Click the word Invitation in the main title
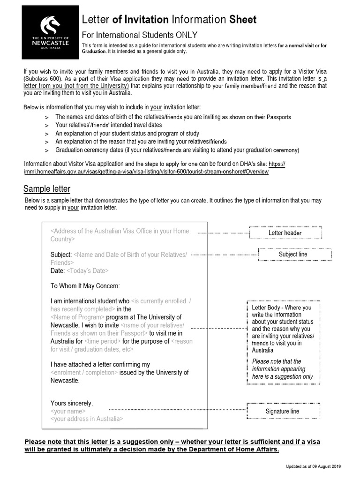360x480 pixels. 145,19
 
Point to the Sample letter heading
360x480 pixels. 47,189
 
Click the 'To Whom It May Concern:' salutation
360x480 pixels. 85,286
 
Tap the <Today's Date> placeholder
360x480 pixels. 88,271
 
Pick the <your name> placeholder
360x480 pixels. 68,411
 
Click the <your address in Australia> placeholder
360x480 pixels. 87,419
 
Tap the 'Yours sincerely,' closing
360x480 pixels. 72,403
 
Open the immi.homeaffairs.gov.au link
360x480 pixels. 146,172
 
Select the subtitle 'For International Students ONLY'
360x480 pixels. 140,35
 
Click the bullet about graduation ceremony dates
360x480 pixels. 177,150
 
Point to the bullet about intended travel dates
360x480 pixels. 109,125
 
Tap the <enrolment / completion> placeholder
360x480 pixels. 84,373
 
